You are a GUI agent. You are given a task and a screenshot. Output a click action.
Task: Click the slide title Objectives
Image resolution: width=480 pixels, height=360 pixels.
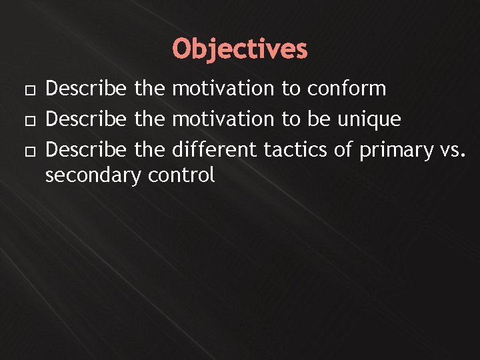[240, 49]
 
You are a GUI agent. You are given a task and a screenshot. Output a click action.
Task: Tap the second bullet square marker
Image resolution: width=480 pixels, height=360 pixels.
[26, 120]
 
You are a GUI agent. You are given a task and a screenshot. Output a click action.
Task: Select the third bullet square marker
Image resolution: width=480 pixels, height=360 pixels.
[26, 151]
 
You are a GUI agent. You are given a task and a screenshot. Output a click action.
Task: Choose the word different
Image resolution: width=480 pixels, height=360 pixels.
[215, 151]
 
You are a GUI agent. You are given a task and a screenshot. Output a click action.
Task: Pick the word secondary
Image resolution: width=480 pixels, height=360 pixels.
[93, 176]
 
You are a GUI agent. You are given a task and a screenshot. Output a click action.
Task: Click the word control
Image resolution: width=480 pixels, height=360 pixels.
[181, 175]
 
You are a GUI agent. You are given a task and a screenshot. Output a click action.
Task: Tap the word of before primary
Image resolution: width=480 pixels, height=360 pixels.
[343, 151]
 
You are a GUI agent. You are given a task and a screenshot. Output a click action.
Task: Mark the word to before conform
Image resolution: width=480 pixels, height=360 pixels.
[291, 89]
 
